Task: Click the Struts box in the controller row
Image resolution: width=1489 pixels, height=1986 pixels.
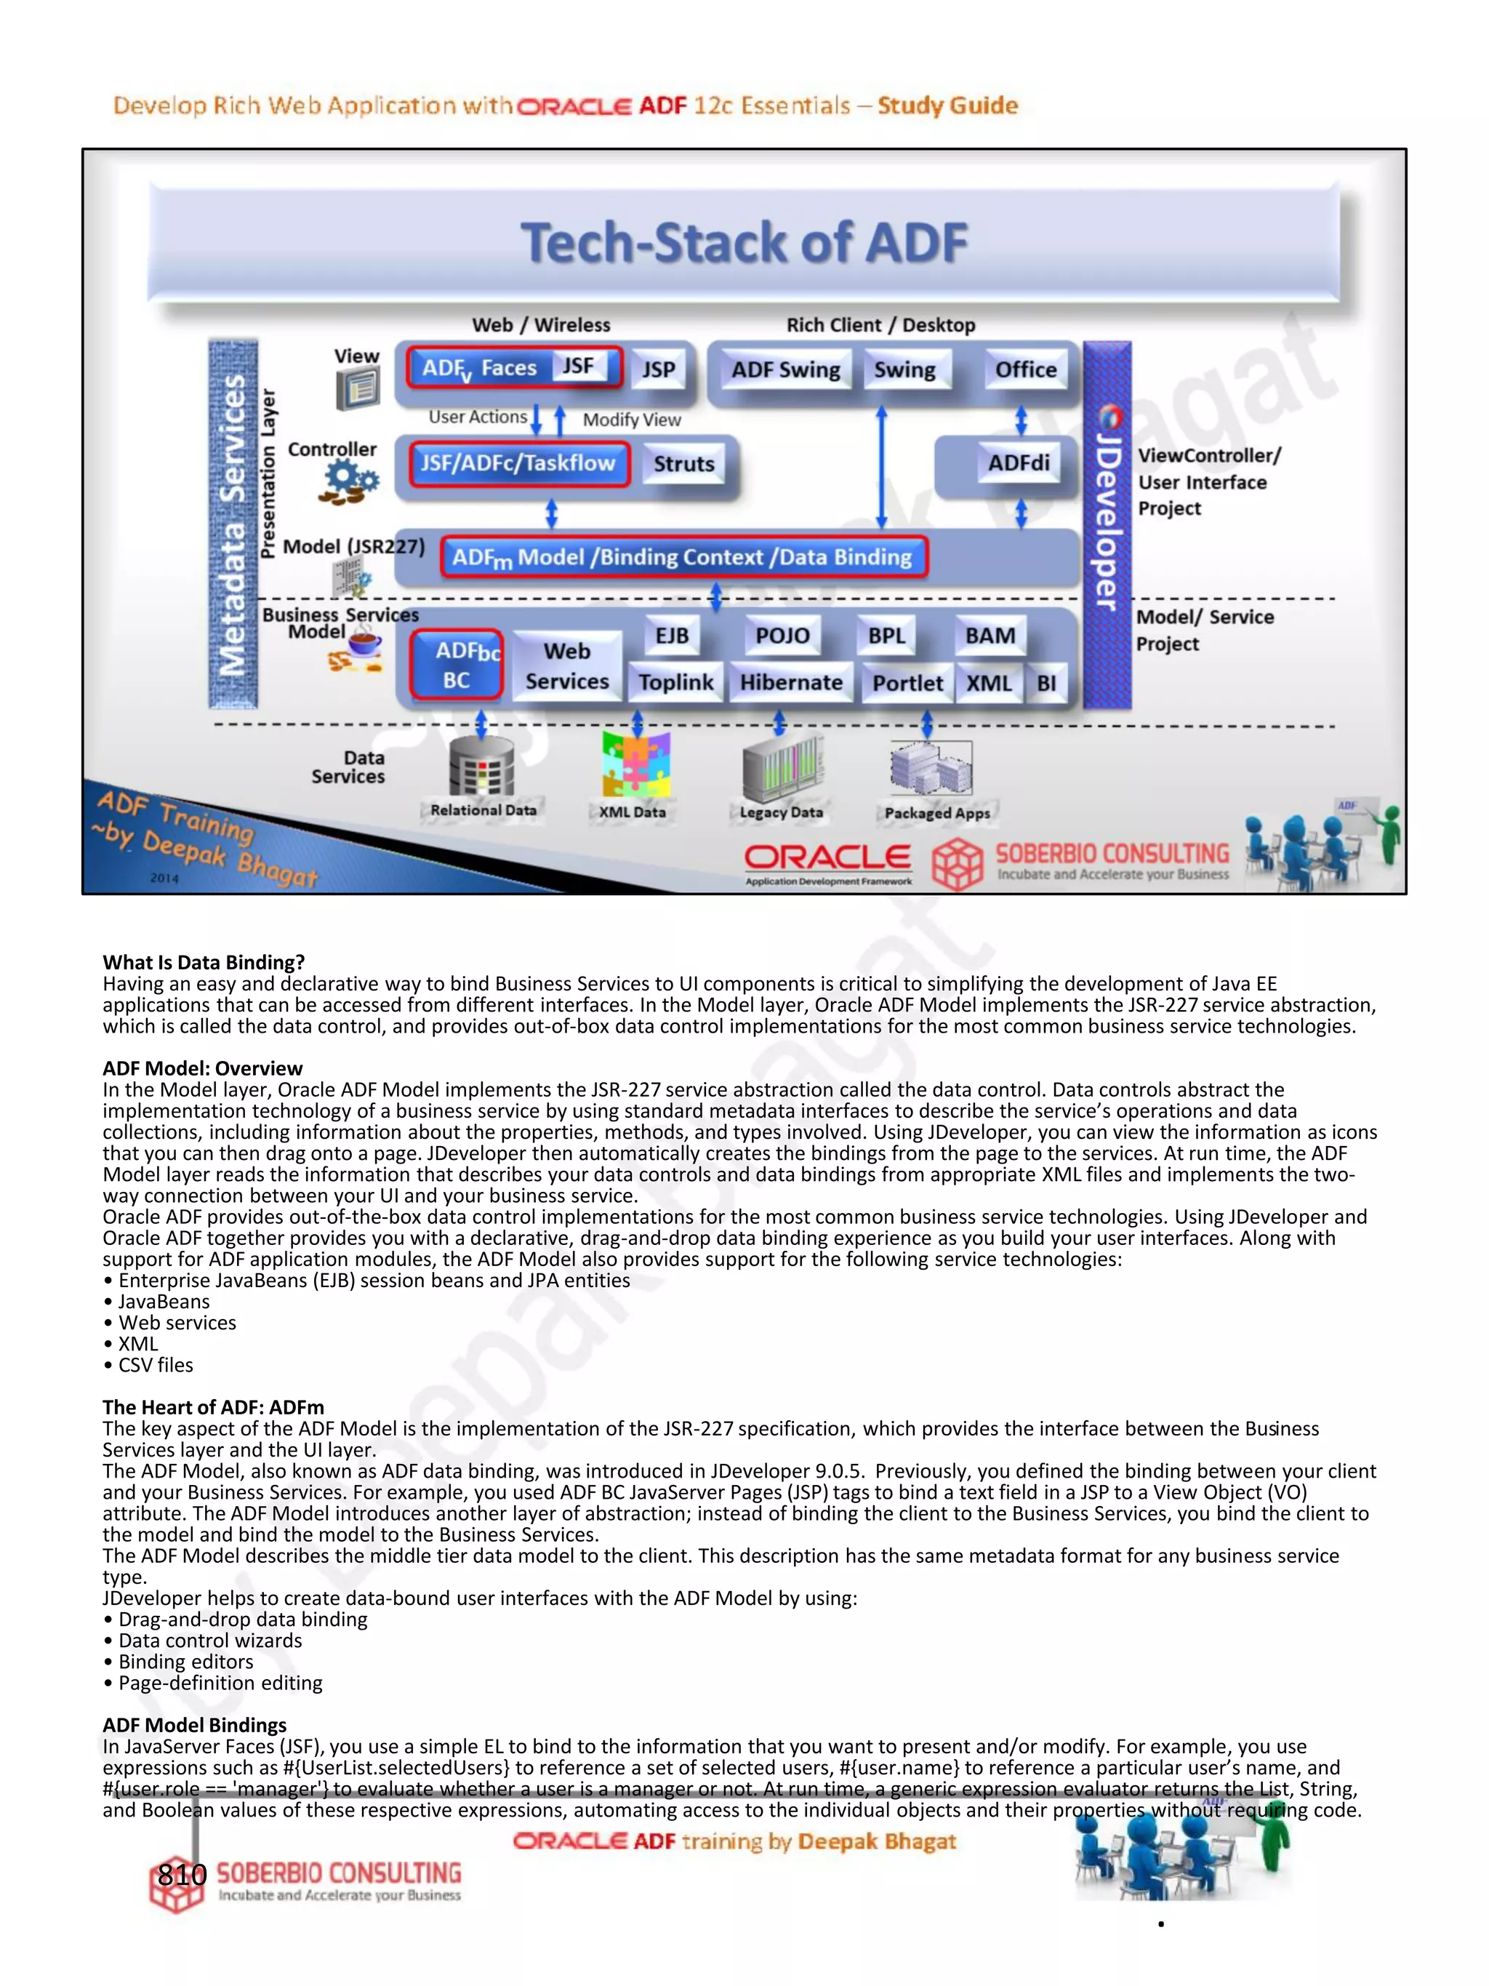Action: tap(684, 464)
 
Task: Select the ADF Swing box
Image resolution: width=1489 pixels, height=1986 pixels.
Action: tap(785, 370)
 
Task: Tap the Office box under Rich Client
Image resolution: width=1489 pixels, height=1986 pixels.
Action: tap(1025, 370)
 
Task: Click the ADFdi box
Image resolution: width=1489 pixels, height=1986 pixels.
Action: tap(1019, 463)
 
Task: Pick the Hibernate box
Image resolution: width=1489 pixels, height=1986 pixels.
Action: tap(791, 684)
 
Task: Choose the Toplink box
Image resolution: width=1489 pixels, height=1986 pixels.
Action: tap(676, 684)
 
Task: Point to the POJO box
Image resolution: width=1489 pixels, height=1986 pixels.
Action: tap(782, 636)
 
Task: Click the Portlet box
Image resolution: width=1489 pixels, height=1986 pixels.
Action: tap(907, 684)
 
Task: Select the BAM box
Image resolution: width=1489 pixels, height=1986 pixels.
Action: tap(990, 636)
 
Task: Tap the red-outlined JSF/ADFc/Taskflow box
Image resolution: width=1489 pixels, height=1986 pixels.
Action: tap(519, 463)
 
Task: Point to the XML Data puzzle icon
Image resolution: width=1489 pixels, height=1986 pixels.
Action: tap(635, 764)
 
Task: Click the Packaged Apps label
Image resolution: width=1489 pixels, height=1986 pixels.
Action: tap(937, 814)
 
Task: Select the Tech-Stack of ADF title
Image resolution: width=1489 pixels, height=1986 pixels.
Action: tap(744, 244)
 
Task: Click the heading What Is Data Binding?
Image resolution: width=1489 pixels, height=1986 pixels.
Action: tap(204, 963)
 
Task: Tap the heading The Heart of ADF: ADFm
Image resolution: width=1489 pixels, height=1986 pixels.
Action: tap(214, 1407)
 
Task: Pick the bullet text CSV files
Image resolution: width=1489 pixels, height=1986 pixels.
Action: tap(156, 1365)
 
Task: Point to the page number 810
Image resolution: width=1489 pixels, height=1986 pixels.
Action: tap(182, 1874)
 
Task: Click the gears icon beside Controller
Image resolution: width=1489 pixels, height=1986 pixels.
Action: tap(348, 482)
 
